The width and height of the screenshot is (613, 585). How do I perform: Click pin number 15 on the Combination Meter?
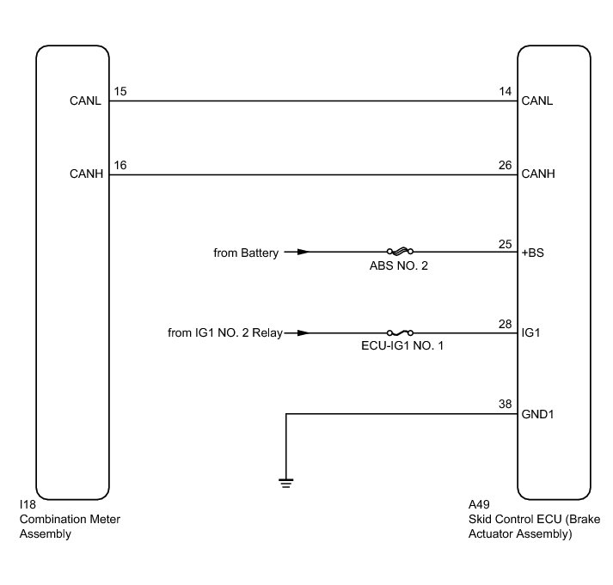tap(120, 91)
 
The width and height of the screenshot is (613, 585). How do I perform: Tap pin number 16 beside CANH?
tap(120, 165)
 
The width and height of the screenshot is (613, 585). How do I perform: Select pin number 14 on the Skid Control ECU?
tap(505, 91)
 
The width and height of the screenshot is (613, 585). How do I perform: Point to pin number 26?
tap(505, 165)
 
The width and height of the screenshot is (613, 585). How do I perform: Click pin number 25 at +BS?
tap(505, 244)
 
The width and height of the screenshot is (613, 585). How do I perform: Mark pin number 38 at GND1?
tap(505, 404)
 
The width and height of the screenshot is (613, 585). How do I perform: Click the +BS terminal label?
tap(533, 253)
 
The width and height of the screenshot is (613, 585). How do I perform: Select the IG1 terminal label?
tap(530, 332)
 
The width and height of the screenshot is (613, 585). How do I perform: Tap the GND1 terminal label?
tap(537, 413)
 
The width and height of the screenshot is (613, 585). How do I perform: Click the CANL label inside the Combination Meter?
tap(86, 101)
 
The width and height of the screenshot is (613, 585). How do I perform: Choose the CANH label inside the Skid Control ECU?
tap(538, 174)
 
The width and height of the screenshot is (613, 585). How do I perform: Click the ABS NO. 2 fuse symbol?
tap(397, 253)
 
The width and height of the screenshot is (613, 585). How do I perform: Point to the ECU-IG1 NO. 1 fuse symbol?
tap(400, 332)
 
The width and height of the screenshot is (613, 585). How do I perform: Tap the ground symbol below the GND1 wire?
tap(285, 482)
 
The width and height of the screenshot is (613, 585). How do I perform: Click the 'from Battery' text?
tap(245, 253)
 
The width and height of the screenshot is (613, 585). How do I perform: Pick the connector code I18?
tap(27, 506)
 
